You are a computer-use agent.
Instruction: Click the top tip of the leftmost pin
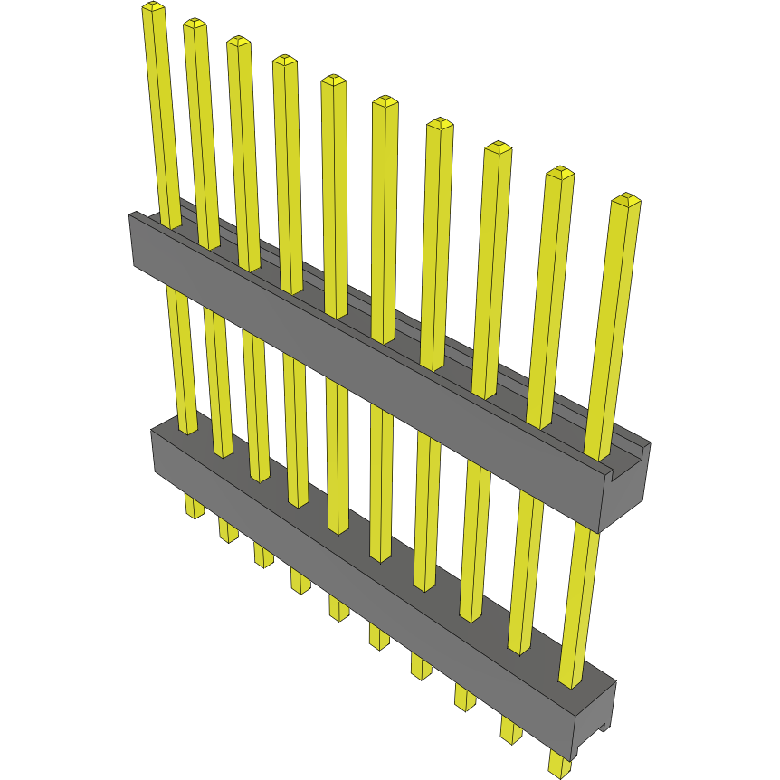click(153, 8)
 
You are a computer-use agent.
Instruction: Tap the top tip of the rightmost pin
click(625, 199)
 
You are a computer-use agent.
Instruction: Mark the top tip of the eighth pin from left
click(497, 147)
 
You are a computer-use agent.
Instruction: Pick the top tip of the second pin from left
click(195, 24)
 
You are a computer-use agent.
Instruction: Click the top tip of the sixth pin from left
click(385, 101)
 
